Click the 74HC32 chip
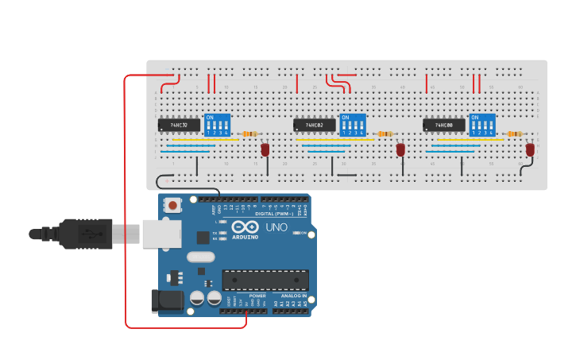179,125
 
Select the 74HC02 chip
314,125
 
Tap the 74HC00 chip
443,125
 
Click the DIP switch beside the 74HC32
217,125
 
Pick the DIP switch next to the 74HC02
352,125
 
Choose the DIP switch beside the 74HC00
481,125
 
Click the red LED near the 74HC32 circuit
265,149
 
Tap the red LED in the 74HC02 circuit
400,149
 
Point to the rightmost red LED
530,149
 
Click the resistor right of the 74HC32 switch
249,134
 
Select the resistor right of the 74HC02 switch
385,134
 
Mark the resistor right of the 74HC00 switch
515,134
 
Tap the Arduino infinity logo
245,227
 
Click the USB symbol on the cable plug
93,234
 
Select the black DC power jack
164,300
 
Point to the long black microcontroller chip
265,280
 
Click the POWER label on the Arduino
257,296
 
